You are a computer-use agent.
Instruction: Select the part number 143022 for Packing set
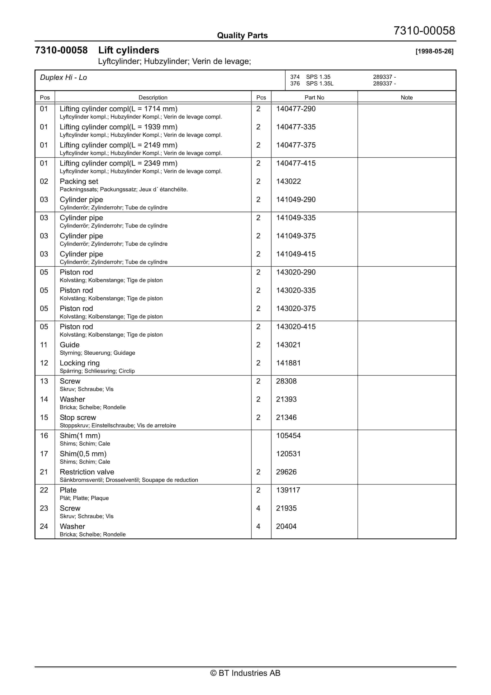pos(288,181)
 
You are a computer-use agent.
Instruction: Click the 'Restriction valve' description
pos(87,472)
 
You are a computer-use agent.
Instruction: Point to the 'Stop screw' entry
pos(78,417)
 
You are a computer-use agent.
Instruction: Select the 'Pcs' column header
pos(261,97)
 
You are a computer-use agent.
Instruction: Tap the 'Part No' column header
pos(314,97)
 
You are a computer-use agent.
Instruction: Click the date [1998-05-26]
pos(434,51)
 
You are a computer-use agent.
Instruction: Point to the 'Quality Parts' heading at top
pos(242,35)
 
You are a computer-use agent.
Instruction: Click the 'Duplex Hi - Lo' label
pos(63,78)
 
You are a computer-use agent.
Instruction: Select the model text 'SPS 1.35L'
pos(319,84)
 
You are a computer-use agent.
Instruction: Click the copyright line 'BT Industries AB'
pos(245,673)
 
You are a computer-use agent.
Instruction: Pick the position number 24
pos(44,526)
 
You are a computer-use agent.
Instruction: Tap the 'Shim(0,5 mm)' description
pos(83,454)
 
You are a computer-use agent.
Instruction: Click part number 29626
pos(286,472)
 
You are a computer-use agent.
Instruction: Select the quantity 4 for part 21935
pos(258,508)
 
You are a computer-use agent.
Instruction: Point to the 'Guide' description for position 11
pos(70,345)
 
